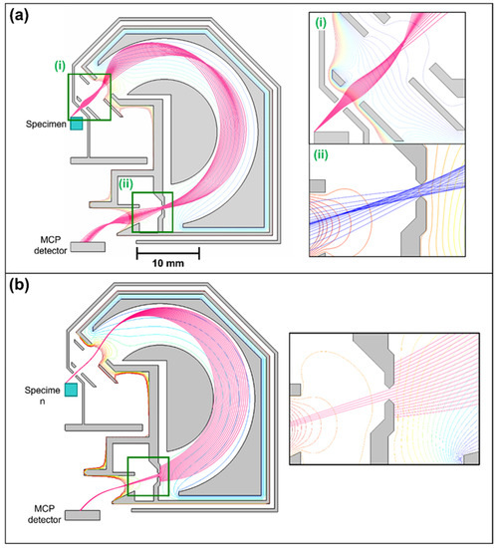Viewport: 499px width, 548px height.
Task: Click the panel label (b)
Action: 22,293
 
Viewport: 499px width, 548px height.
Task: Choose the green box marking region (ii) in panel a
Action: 151,211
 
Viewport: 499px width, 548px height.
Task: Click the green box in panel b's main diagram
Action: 149,477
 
